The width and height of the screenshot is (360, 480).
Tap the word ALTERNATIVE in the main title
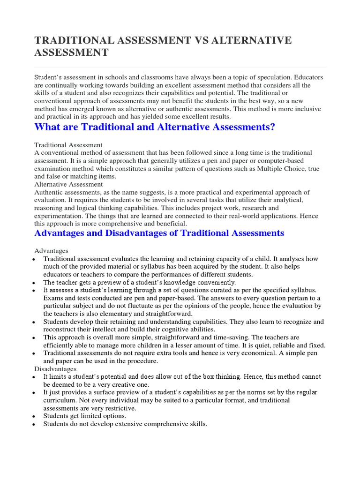(x=252, y=41)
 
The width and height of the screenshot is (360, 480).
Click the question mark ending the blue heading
(x=271, y=127)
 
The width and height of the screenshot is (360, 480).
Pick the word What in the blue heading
(x=48, y=127)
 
